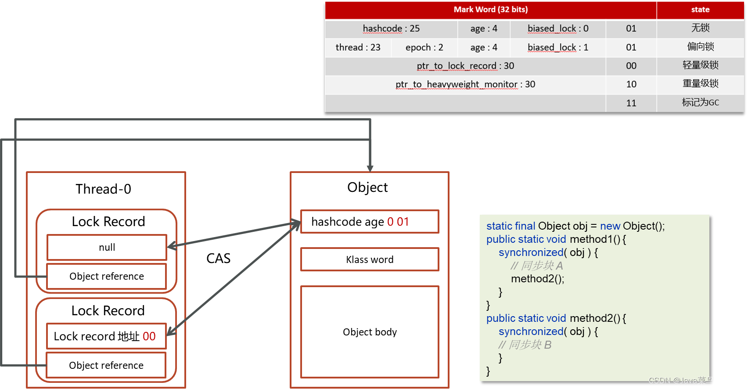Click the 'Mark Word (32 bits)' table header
pos(490,10)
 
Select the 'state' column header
pos(700,10)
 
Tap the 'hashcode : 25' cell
pos(391,29)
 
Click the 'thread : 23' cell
pos(358,47)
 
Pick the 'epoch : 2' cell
pos(424,47)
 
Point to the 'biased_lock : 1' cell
pos(557,47)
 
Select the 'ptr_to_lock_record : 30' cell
pos(465,66)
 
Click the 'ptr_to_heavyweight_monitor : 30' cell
pos(465,84)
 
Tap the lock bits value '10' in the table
pos(631,84)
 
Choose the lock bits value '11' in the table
pos(631,103)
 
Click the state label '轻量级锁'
pos(700,65)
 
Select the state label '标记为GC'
pos(700,103)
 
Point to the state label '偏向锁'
pos(700,47)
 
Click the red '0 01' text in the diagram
pos(398,222)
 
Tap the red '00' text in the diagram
pos(149,336)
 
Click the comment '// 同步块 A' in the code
pos(536,266)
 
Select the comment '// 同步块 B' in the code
pos(525,345)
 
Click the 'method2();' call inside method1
pos(537,279)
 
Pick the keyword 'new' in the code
pos(610,226)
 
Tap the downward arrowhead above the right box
pos(370,168)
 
